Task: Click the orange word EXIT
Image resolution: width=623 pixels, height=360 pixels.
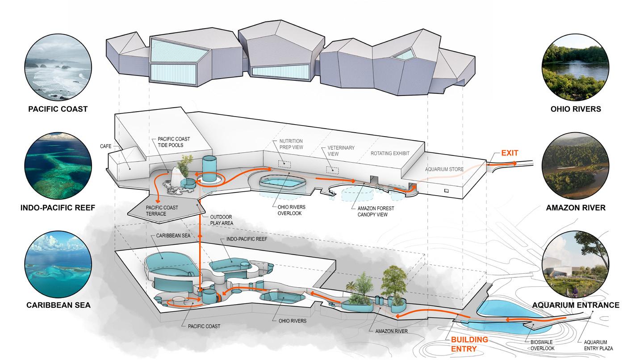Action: (509, 153)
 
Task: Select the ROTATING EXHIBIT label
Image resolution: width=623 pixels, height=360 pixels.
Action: (390, 154)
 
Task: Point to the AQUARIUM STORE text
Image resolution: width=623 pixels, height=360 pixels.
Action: (444, 169)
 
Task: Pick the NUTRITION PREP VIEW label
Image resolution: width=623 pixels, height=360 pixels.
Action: (292, 143)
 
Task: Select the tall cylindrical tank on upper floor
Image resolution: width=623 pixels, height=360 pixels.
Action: (209, 169)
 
